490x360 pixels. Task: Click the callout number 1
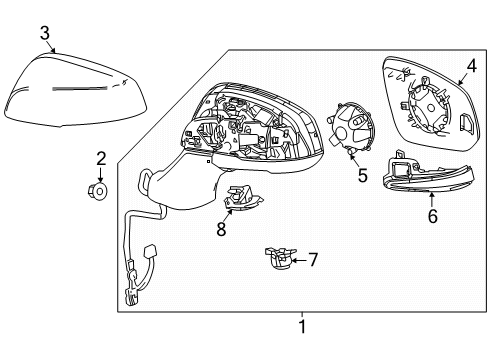(303, 325)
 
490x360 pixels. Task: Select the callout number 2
(100, 157)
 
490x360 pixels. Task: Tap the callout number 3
(45, 34)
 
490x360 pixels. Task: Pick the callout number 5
(362, 175)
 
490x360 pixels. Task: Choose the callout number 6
(432, 216)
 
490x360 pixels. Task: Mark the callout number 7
(312, 260)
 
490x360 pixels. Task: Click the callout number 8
(223, 228)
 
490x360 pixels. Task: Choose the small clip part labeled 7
(276, 258)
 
